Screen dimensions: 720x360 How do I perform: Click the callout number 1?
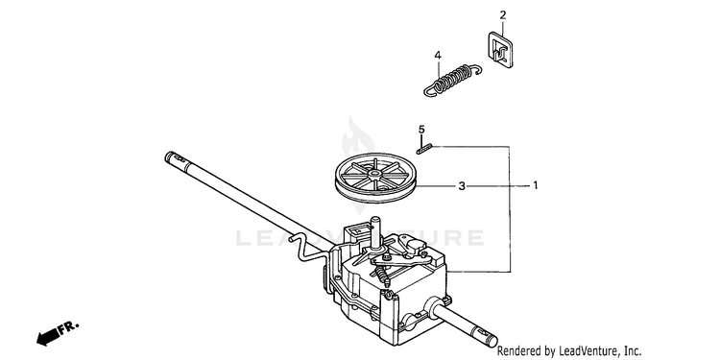536,185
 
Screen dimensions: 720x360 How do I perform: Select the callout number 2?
503,15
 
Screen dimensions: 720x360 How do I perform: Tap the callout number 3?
462,186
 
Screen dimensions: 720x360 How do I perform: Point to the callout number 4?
438,56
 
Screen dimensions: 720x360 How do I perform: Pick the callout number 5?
421,130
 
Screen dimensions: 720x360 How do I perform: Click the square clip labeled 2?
498,49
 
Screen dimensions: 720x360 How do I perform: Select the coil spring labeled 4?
453,81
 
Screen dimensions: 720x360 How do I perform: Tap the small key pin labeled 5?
423,148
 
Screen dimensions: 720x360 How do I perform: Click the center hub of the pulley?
375,174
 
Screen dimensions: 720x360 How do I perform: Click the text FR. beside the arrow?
68,327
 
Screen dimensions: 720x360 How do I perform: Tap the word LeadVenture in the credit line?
586,351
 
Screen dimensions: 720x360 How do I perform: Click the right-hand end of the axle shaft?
492,342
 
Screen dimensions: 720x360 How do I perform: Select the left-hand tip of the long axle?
168,156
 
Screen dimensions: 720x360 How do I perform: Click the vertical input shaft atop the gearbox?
376,232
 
